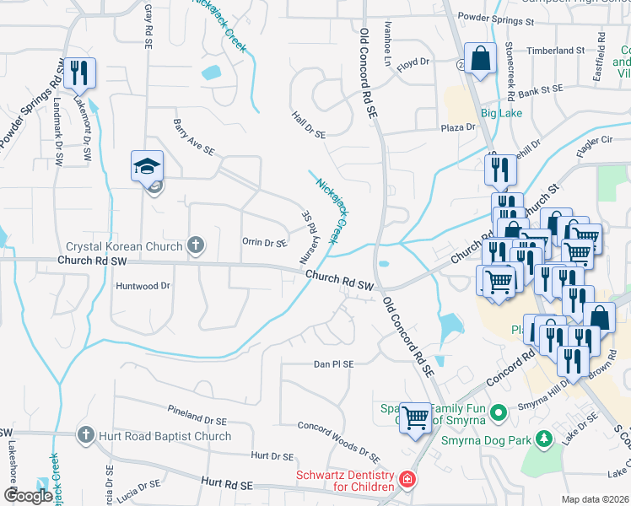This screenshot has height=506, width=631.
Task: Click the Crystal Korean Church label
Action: (x=125, y=247)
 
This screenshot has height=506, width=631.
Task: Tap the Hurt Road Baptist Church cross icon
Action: (x=85, y=435)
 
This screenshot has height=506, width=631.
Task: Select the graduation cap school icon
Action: (x=147, y=166)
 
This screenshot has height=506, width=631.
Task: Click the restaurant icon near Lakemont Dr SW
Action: (x=81, y=73)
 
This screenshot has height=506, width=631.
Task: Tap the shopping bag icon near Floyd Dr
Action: (x=480, y=60)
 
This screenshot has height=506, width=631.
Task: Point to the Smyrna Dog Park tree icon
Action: (x=544, y=439)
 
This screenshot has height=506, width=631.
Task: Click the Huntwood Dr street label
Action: (x=143, y=286)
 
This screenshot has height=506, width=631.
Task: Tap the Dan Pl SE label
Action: (x=333, y=364)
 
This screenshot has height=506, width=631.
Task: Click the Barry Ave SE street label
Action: (x=194, y=139)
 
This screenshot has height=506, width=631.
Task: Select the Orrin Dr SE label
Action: (x=265, y=243)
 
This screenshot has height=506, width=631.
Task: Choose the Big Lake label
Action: (x=501, y=113)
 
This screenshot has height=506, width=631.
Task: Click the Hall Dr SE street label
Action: (x=308, y=124)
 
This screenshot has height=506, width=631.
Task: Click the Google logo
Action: (x=28, y=495)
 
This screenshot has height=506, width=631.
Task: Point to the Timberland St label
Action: (x=556, y=51)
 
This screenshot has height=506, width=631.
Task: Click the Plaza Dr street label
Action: (x=459, y=127)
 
